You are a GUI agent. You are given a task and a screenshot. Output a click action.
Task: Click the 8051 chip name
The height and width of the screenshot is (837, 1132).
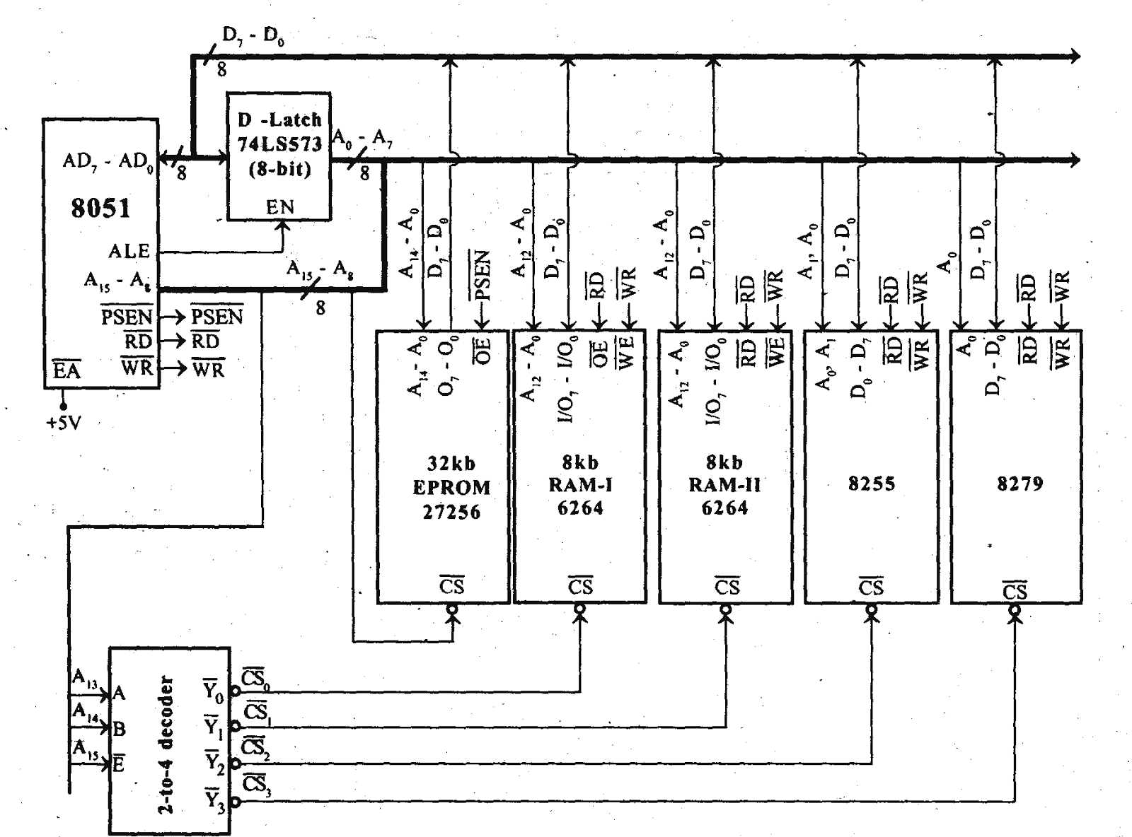pyautogui.click(x=100, y=208)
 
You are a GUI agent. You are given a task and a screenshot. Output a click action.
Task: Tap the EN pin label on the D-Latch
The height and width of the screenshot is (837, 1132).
pyautogui.click(x=279, y=207)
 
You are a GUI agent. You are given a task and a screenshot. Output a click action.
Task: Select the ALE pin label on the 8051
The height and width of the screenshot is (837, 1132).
pyautogui.click(x=129, y=251)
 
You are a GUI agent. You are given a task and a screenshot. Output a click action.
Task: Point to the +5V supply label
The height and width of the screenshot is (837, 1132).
pyautogui.click(x=63, y=423)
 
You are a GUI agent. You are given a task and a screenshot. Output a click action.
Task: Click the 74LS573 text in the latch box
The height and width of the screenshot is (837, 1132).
pyautogui.click(x=279, y=144)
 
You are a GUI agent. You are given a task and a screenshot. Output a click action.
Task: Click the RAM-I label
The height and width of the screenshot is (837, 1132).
pyautogui.click(x=580, y=486)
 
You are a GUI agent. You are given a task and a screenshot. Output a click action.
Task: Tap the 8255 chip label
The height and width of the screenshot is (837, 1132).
pyautogui.click(x=871, y=484)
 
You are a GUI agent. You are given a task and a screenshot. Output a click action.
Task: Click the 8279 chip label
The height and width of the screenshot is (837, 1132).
pyautogui.click(x=1020, y=484)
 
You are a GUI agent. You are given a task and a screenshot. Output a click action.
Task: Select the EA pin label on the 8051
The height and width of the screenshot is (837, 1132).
pyautogui.click(x=67, y=370)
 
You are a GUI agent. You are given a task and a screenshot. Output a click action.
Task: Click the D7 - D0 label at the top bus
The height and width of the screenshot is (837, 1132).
pyautogui.click(x=253, y=37)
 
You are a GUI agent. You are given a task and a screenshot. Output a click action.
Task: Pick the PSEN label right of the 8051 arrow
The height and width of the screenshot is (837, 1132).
pyautogui.click(x=216, y=317)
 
